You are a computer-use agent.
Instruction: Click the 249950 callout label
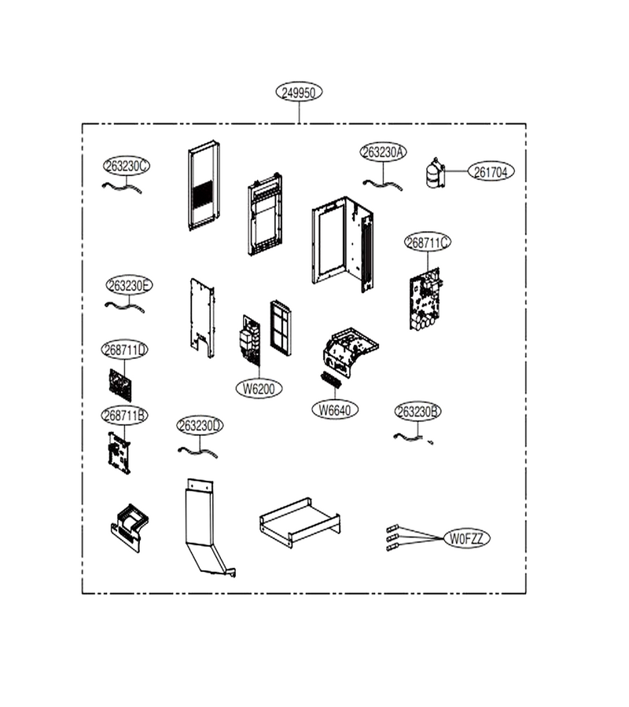[x=299, y=92]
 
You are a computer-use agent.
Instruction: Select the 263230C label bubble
[x=127, y=166]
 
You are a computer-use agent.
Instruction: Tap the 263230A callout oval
[x=383, y=152]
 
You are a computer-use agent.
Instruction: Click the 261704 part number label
[x=491, y=171]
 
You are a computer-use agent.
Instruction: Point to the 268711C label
[x=428, y=242]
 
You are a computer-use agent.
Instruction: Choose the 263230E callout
[x=129, y=285]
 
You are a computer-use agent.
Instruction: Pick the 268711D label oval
[x=124, y=350]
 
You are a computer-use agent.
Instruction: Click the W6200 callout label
[x=259, y=388]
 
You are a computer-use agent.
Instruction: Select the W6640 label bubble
[x=335, y=410]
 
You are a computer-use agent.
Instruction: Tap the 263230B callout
[x=417, y=411]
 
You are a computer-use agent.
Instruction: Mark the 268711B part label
[x=124, y=415]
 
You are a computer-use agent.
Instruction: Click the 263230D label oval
[x=200, y=425]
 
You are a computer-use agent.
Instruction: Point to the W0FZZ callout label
[x=466, y=538]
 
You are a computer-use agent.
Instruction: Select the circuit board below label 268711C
[x=426, y=299]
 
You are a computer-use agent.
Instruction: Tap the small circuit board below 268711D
[x=120, y=385]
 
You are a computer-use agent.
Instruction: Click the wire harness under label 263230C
[x=122, y=187]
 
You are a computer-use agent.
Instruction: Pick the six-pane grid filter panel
[x=281, y=328]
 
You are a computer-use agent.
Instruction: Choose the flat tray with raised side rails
[x=300, y=522]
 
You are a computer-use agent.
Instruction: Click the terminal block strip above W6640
[x=332, y=379]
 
